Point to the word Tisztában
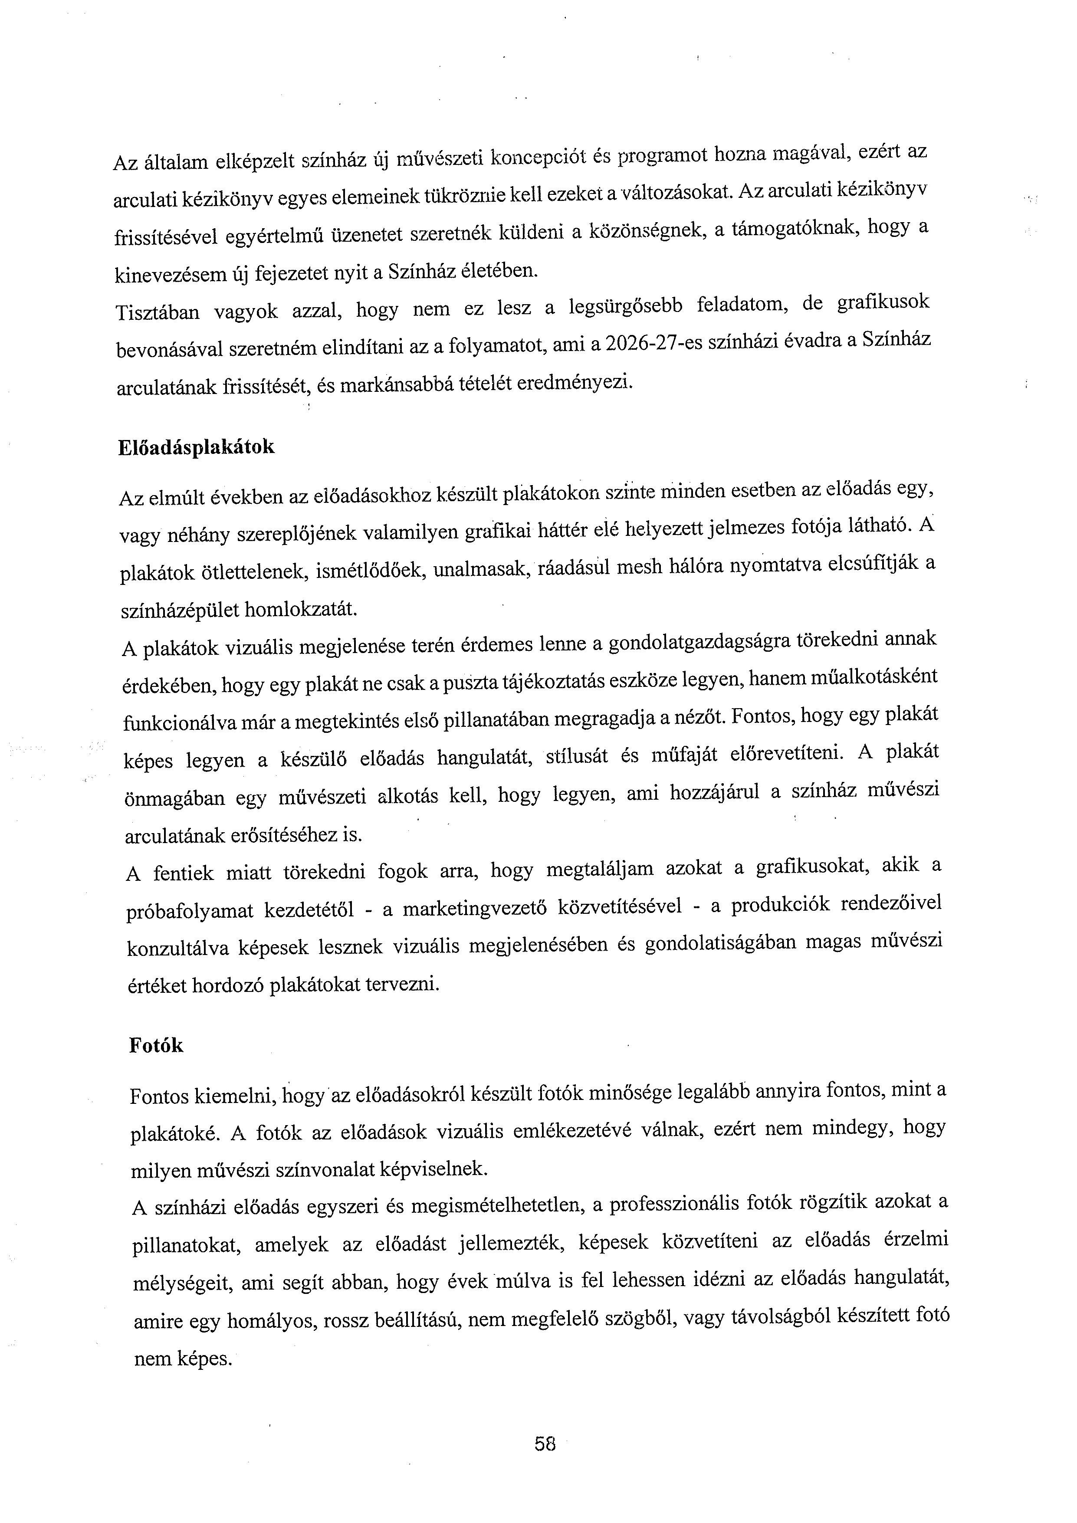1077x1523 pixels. pos(157,312)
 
